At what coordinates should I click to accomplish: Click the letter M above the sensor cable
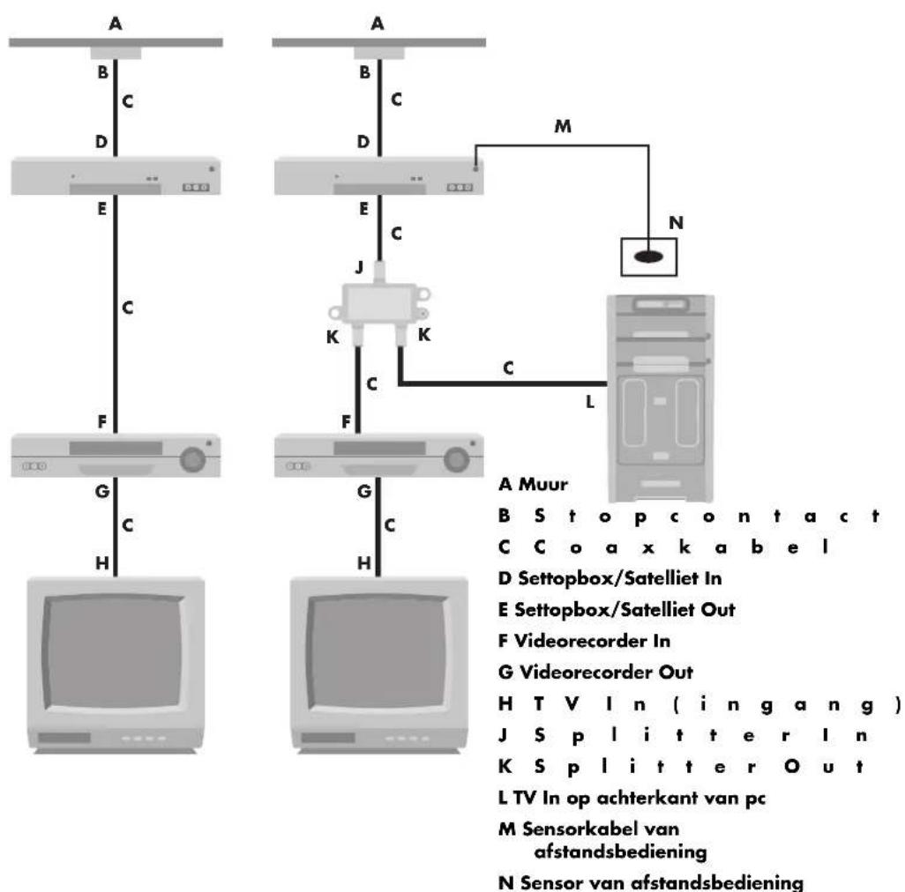(x=563, y=126)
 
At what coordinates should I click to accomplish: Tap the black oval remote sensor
(x=648, y=256)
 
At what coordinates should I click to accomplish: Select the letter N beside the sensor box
(x=676, y=223)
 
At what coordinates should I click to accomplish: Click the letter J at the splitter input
(x=360, y=267)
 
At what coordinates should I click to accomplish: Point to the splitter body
(x=379, y=303)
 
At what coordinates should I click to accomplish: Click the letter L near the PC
(x=590, y=402)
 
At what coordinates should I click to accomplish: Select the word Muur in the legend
(x=543, y=485)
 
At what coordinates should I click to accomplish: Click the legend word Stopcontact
(x=707, y=516)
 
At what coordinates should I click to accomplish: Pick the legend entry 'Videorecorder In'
(x=592, y=641)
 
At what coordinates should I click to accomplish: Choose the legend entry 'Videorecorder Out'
(x=606, y=672)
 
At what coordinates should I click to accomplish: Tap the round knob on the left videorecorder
(x=192, y=459)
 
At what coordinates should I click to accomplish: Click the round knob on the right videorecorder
(x=456, y=459)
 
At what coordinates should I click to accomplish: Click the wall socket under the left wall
(x=116, y=53)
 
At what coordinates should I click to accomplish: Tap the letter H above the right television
(x=364, y=562)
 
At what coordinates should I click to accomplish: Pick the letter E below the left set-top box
(x=102, y=209)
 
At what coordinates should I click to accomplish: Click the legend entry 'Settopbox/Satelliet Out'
(x=617, y=609)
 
